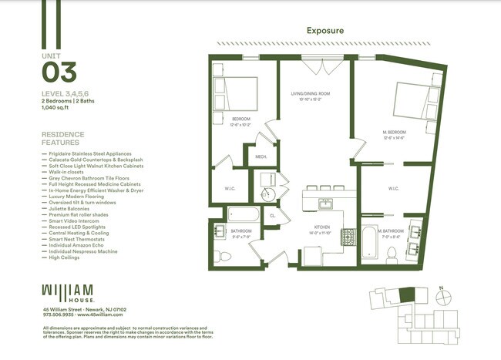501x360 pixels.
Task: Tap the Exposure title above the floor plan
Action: (324, 32)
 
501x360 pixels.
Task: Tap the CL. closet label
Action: (273, 217)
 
